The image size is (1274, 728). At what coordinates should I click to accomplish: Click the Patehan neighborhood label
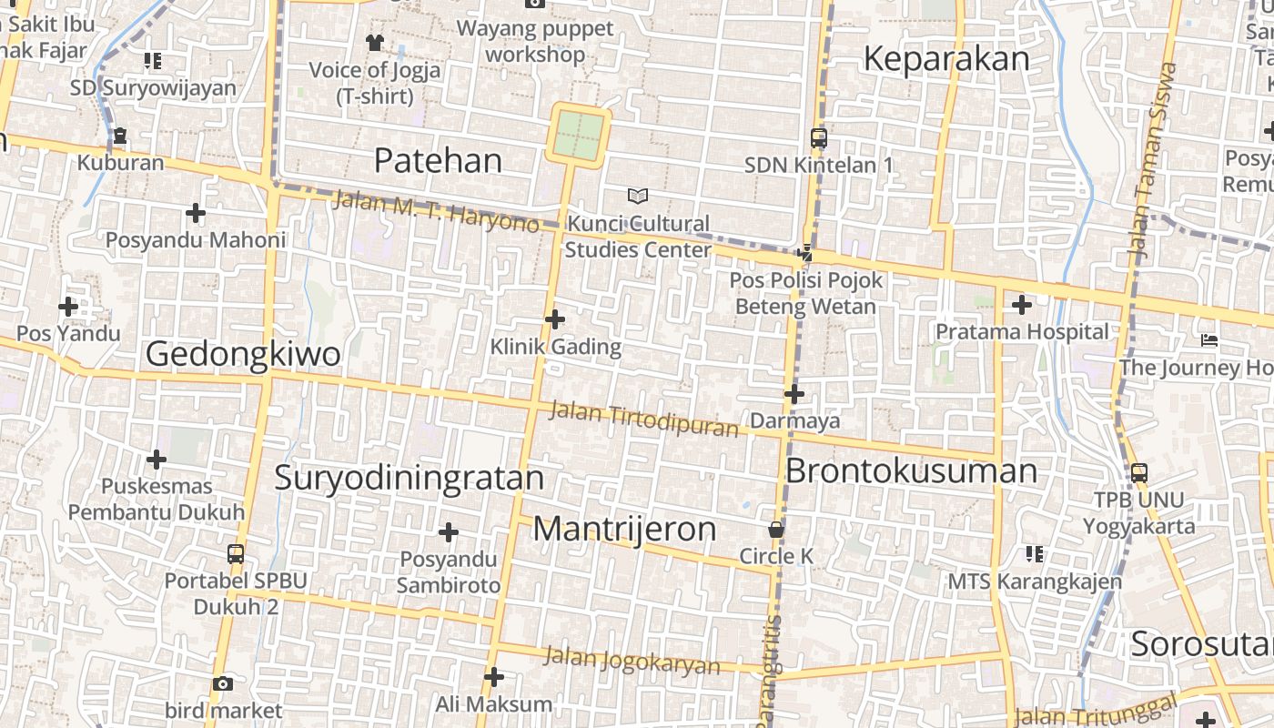point(438,161)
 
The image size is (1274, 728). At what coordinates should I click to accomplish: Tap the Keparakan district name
point(946,59)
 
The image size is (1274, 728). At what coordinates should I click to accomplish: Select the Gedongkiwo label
point(243,354)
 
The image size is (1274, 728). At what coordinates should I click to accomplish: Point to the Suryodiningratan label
point(409,478)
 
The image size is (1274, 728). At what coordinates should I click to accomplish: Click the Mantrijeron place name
point(624,529)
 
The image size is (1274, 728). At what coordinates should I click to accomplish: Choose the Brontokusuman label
point(911,471)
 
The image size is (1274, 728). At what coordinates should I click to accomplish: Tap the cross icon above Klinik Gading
point(555,319)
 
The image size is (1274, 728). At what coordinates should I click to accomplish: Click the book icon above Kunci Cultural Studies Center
point(638,196)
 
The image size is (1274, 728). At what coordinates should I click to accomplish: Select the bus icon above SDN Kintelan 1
point(819,138)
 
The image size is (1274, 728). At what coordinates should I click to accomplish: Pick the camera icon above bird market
point(223,683)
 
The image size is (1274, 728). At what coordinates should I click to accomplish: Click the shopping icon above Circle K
point(776,529)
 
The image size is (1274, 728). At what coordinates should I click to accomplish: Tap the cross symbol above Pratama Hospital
point(1022,305)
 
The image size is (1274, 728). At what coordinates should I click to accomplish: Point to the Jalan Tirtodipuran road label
point(643,419)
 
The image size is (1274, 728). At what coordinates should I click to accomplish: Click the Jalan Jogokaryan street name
point(632,661)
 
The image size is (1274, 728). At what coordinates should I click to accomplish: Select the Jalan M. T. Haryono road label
point(436,211)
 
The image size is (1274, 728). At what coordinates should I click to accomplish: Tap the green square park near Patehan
point(579,135)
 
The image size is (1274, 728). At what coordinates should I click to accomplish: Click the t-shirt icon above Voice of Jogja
point(374,42)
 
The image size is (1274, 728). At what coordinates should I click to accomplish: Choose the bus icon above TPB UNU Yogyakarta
point(1138,473)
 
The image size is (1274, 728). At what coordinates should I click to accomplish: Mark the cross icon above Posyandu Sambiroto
point(449,531)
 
